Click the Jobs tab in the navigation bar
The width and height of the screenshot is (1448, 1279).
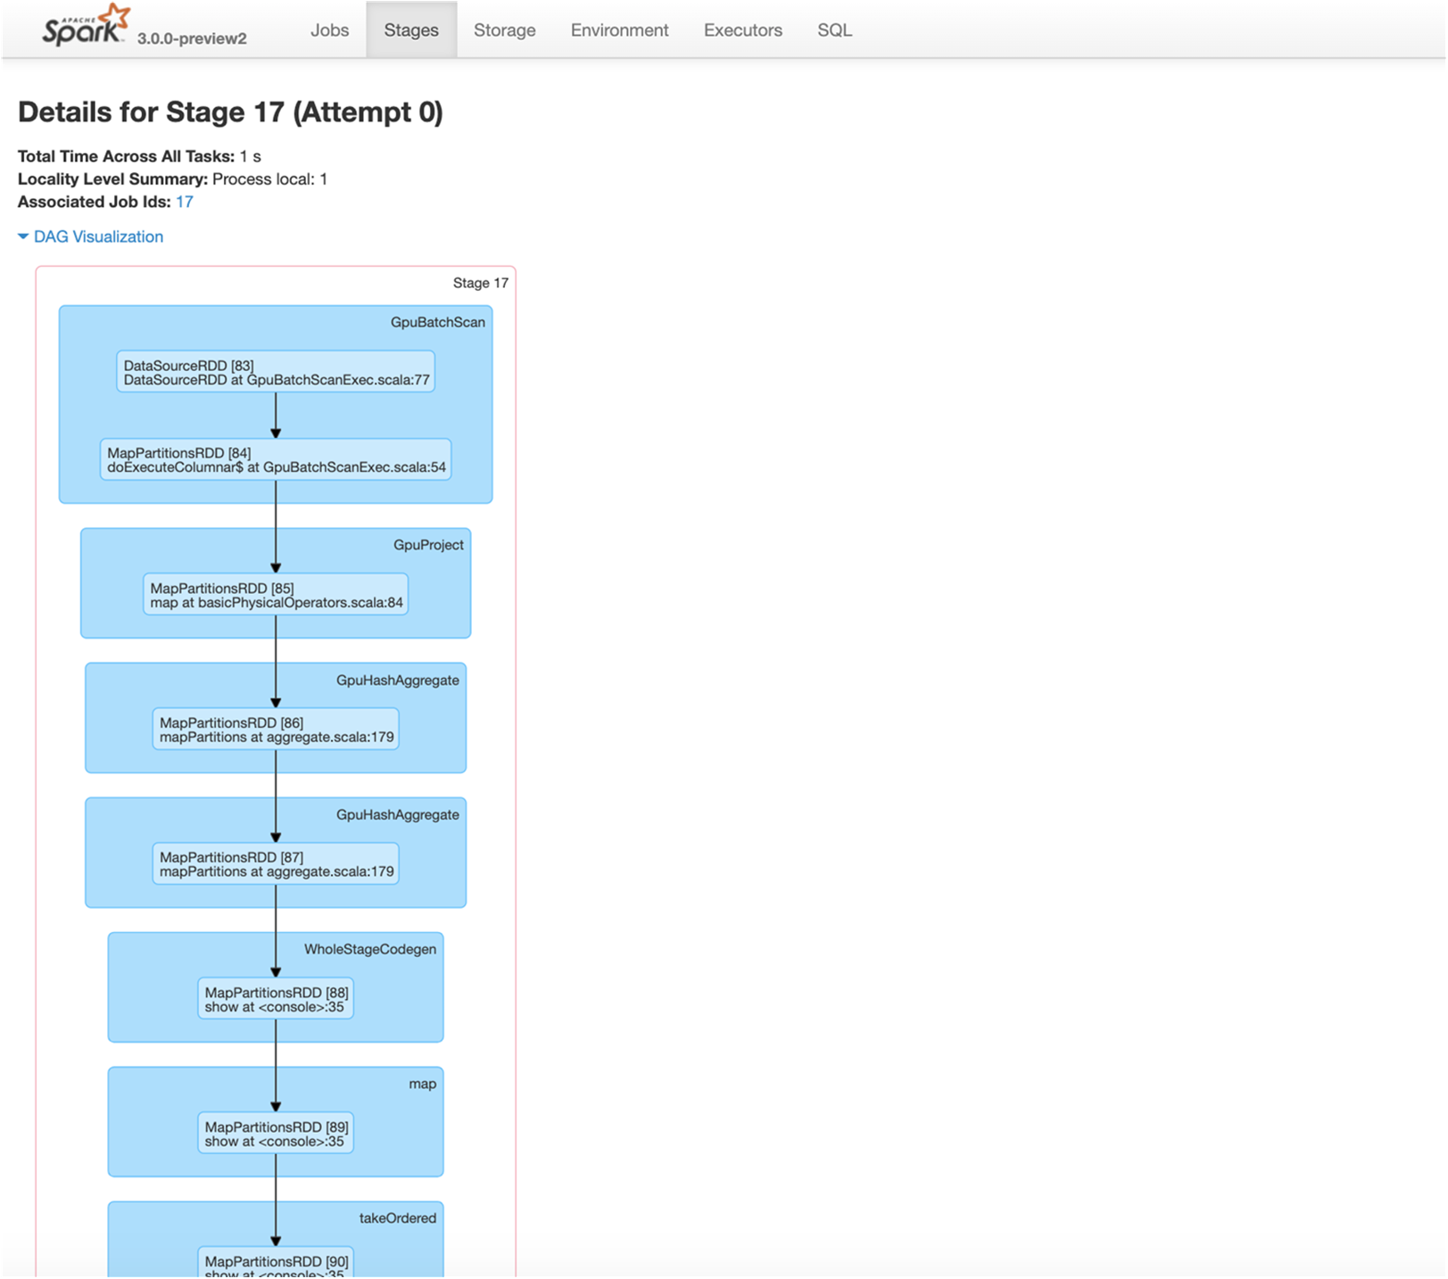pos(329,30)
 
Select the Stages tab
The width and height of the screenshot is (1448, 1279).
pos(411,30)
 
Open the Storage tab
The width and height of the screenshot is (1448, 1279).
pos(505,30)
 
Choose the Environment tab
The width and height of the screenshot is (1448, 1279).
pos(619,30)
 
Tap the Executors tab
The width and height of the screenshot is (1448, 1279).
pos(743,30)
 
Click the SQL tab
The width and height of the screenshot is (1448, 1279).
pos(835,30)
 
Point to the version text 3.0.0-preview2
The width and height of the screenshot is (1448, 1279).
pos(192,38)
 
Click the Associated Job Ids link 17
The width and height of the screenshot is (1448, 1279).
pos(185,202)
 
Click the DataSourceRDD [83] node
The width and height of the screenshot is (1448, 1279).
pos(276,372)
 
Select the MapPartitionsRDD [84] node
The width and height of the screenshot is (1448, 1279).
pos(276,459)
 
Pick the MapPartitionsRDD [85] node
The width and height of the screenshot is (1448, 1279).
pos(276,594)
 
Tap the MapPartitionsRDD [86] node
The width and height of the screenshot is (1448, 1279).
pos(276,729)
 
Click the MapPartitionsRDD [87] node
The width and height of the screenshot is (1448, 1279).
pos(276,863)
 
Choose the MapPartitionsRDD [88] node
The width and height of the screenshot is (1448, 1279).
pos(276,998)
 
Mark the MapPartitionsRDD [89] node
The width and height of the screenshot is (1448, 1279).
pos(276,1133)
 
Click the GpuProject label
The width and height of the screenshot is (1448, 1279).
pos(428,545)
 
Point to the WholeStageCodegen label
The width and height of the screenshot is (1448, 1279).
pos(370,949)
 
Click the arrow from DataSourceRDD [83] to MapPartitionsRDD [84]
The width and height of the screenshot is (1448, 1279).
pos(276,416)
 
